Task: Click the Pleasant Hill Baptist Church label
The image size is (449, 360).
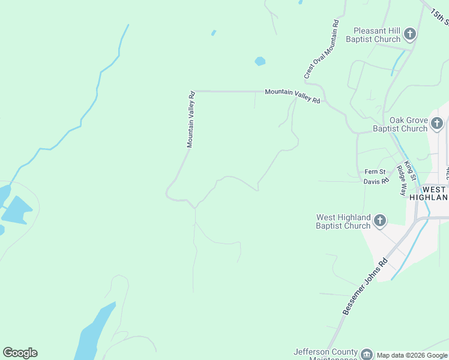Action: [x=373, y=35]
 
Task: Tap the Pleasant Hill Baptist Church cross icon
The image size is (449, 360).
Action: [x=409, y=34]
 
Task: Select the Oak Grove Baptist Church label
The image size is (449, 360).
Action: [x=400, y=124]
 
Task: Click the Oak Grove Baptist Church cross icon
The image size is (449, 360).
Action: [x=436, y=124]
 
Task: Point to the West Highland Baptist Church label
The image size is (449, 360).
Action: [x=343, y=221]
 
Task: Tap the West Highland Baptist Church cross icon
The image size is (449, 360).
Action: [x=379, y=221]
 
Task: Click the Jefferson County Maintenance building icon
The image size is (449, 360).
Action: [x=366, y=355]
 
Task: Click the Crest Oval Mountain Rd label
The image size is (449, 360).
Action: [x=322, y=50]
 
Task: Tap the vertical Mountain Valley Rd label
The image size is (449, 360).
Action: [x=191, y=119]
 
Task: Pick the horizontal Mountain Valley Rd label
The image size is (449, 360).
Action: [x=292, y=95]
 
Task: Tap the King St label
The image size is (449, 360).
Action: [x=409, y=171]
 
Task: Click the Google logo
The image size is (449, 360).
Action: [x=20, y=353]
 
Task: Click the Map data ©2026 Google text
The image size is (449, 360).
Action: [x=412, y=355]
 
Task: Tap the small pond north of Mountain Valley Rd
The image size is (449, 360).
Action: [x=260, y=61]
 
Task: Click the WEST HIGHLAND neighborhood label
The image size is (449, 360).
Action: [x=429, y=193]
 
